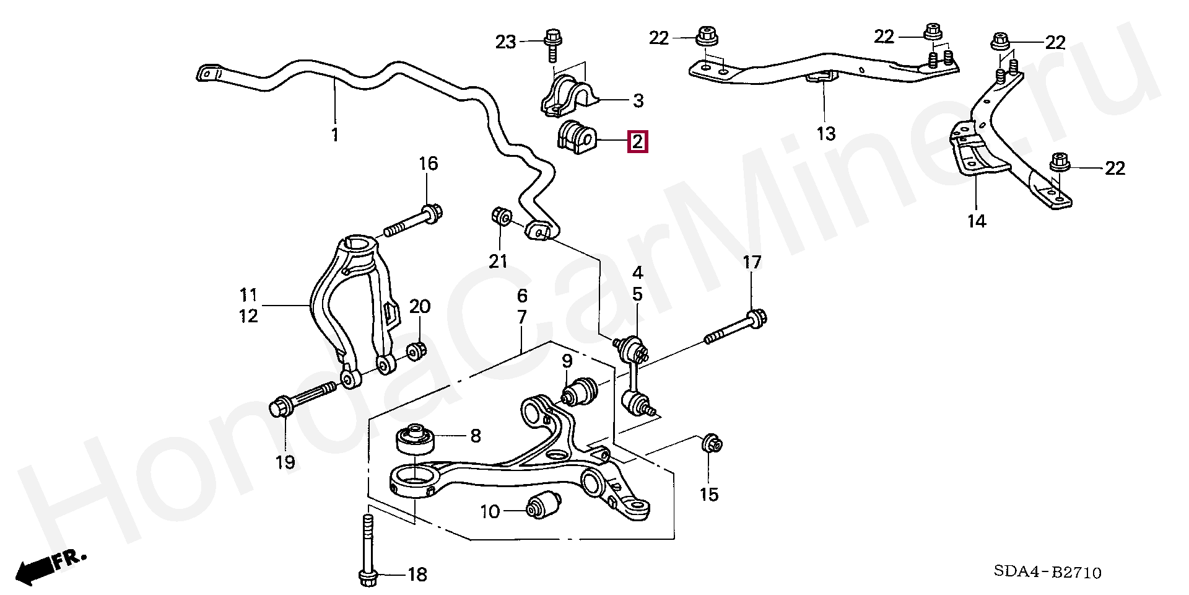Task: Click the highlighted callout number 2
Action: [x=637, y=142]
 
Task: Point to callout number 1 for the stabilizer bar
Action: [x=335, y=134]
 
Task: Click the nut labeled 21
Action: [x=501, y=217]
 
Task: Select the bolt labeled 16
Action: [x=412, y=222]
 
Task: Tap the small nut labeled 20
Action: [x=416, y=351]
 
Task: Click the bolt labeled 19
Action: [x=303, y=399]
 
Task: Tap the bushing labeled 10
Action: [x=542, y=506]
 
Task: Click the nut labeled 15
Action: [x=712, y=444]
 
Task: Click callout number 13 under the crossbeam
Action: [x=825, y=133]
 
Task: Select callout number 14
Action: [x=976, y=221]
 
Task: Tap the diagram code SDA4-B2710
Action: [x=1048, y=571]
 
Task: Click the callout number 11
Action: [x=248, y=295]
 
